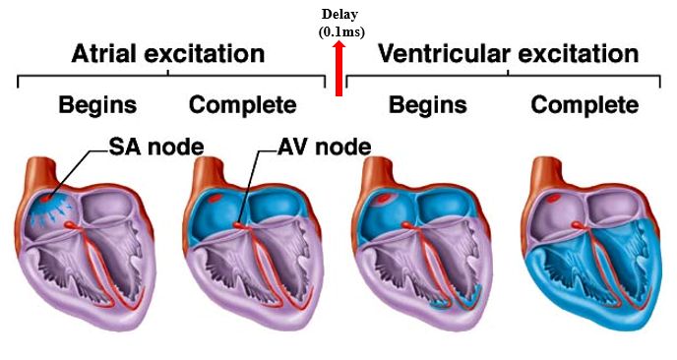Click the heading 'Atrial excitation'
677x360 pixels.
pyautogui.click(x=168, y=53)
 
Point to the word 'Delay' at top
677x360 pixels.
pyautogui.click(x=338, y=15)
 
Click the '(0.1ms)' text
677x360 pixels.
pyautogui.click(x=338, y=31)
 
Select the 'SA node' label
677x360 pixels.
pyautogui.click(x=156, y=148)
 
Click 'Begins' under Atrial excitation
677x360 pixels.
pyautogui.click(x=97, y=104)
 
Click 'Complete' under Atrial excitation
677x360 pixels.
pyautogui.click(x=242, y=104)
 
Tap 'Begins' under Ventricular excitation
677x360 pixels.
pyautogui.click(x=427, y=104)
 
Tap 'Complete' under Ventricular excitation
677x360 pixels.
pyautogui.click(x=585, y=104)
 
